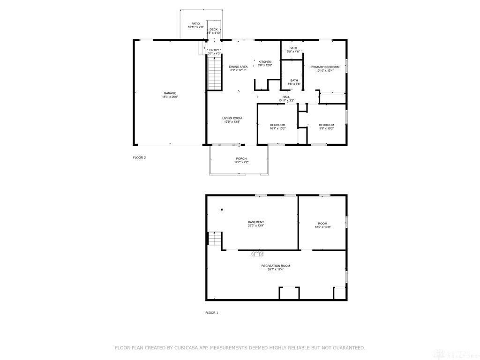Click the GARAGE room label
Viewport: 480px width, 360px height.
pyautogui.click(x=170, y=93)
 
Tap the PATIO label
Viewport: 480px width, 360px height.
pyautogui.click(x=195, y=24)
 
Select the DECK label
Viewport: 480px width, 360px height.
pyautogui.click(x=214, y=30)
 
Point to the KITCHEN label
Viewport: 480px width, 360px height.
pyautogui.click(x=265, y=62)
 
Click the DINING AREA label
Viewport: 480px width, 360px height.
pyautogui.click(x=238, y=67)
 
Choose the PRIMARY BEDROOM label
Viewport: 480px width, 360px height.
pyautogui.click(x=325, y=67)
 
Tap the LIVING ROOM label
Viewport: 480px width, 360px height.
pyautogui.click(x=232, y=119)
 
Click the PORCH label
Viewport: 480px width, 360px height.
pyautogui.click(x=241, y=159)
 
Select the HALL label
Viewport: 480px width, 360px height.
pyautogui.click(x=286, y=97)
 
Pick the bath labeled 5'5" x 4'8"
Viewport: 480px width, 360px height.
pyautogui.click(x=293, y=48)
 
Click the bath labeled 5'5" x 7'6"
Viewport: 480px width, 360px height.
pyautogui.click(x=294, y=81)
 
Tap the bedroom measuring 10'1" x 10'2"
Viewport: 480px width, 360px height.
pyautogui.click(x=277, y=125)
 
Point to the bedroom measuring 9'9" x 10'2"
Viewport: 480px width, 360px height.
pyautogui.click(x=326, y=125)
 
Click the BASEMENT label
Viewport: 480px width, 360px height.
pyautogui.click(x=256, y=222)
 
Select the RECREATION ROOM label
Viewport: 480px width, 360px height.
pyautogui.click(x=276, y=266)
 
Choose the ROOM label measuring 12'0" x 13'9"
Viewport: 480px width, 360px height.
pyautogui.click(x=322, y=224)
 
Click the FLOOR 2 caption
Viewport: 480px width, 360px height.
pyautogui.click(x=139, y=157)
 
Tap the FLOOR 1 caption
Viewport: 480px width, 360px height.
pyautogui.click(x=212, y=312)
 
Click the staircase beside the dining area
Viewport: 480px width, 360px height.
pyautogui.click(x=214, y=72)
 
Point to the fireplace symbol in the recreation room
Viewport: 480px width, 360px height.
pyautogui.click(x=256, y=254)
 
